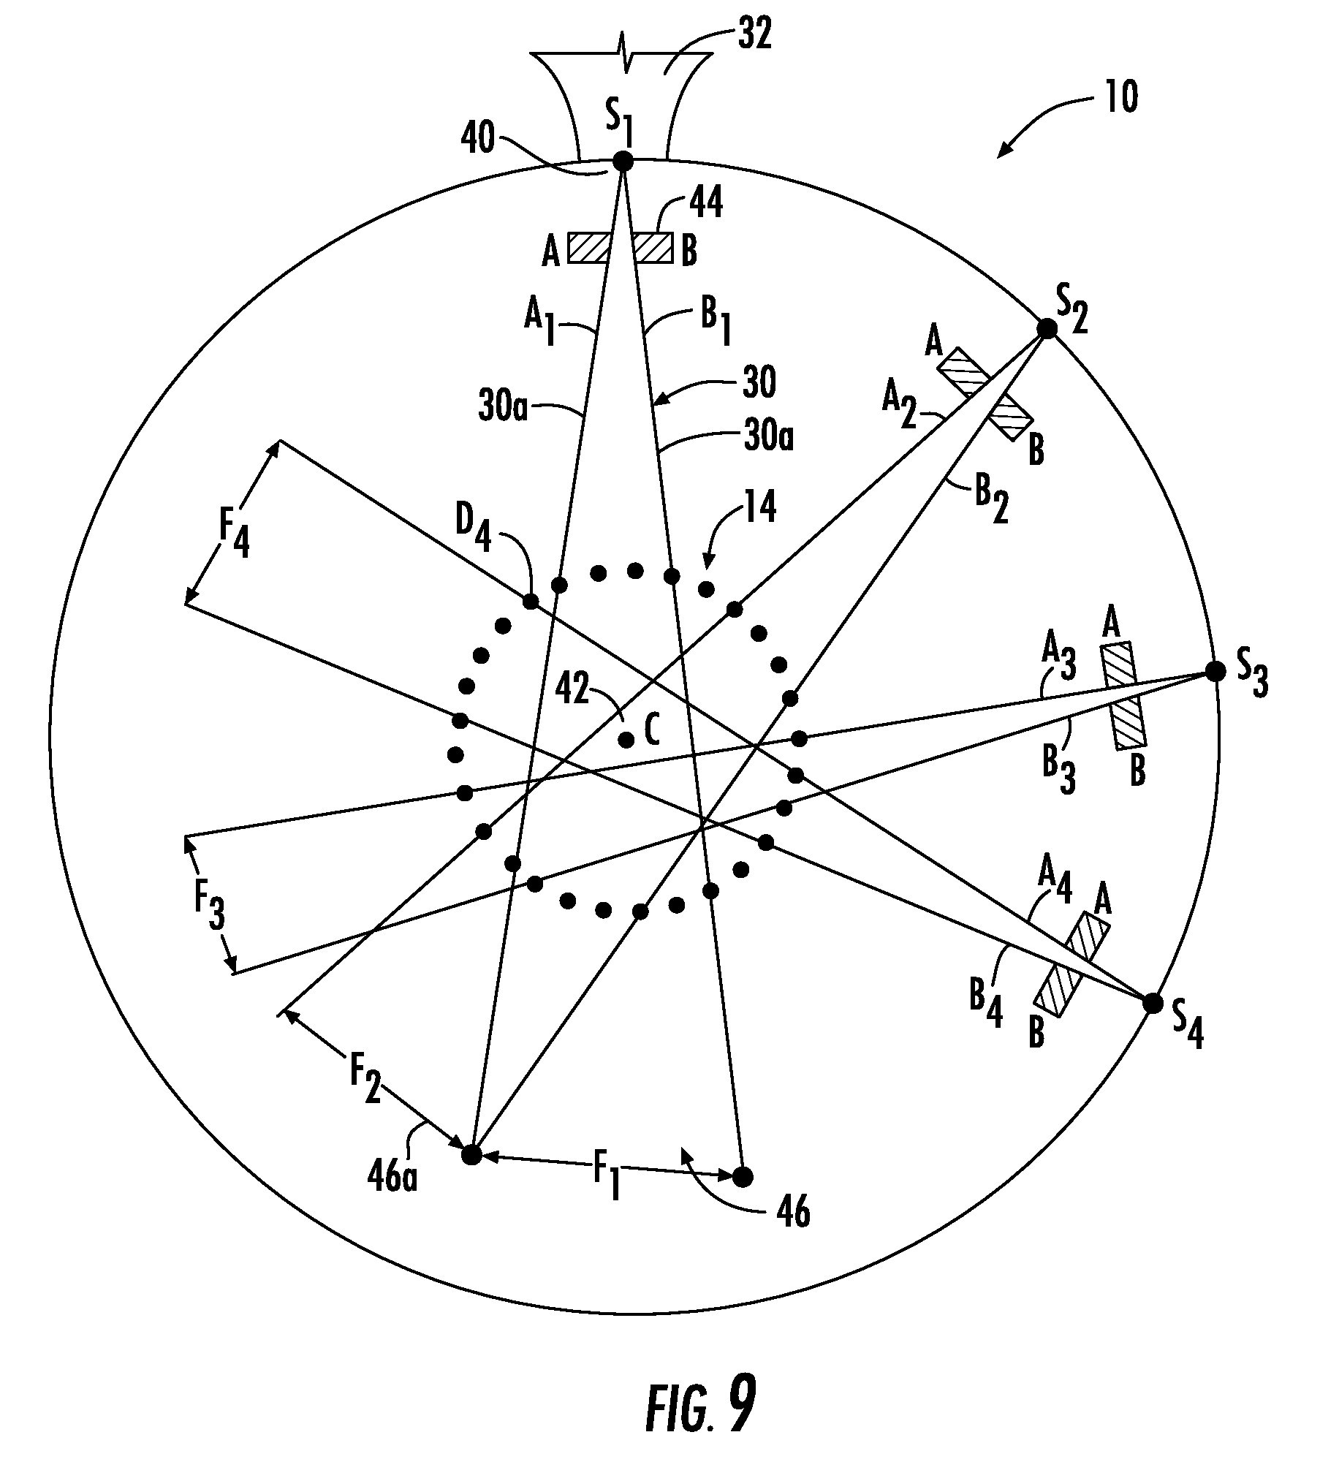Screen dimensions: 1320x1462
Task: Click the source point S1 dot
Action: coord(623,161)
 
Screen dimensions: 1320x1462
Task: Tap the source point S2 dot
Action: coord(1047,329)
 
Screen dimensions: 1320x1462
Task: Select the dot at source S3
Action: coord(1215,671)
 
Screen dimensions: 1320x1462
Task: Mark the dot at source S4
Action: coord(1152,1004)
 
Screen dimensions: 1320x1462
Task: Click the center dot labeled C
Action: coord(626,740)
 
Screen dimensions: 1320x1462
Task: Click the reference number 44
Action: coord(705,204)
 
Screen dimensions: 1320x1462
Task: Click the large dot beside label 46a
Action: coord(472,1155)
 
